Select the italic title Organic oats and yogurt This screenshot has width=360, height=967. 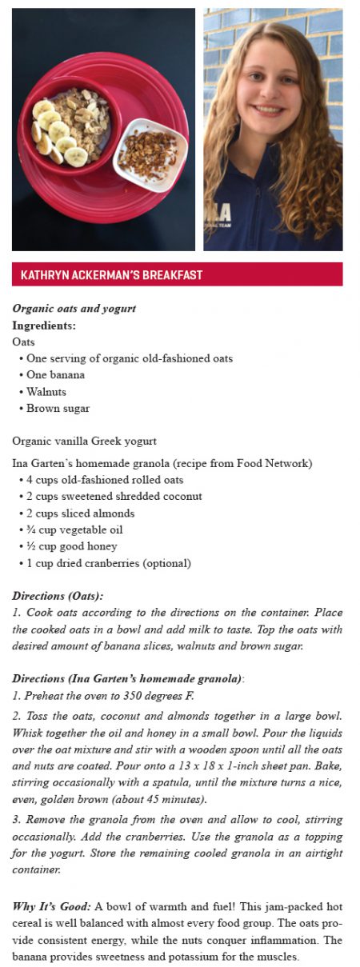tap(74, 309)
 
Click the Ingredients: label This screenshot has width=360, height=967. tap(44, 326)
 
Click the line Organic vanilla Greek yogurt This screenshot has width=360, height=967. tap(84, 441)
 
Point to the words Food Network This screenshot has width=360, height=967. tap(277, 464)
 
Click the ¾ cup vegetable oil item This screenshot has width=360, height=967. tap(74, 529)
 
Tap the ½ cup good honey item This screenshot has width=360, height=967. tap(71, 546)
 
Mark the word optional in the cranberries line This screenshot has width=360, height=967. tap(166, 563)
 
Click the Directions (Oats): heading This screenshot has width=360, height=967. tap(58, 596)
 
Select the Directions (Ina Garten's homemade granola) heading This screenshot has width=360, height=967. tap(127, 679)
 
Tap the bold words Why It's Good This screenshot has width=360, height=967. tap(51, 906)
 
